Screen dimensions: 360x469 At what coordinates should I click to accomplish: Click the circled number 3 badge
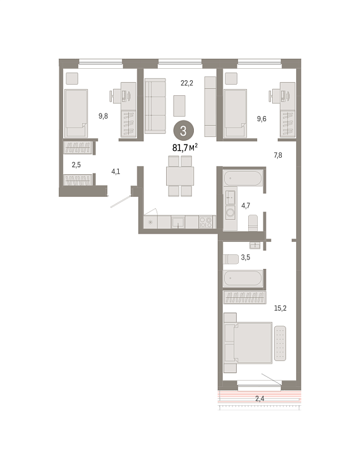click(x=183, y=131)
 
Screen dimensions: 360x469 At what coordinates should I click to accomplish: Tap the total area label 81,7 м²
click(x=185, y=147)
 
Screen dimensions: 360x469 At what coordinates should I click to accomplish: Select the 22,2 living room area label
click(x=187, y=83)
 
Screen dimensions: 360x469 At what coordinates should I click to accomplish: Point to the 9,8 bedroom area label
click(x=103, y=116)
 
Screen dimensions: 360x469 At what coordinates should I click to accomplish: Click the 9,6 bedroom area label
click(x=261, y=119)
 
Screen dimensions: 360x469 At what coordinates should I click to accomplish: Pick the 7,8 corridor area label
click(x=278, y=155)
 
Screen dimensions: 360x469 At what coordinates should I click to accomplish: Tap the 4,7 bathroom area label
click(x=246, y=206)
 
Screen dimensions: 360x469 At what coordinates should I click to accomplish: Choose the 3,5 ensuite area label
click(x=246, y=258)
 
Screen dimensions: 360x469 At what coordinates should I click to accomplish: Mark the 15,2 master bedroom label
click(x=280, y=308)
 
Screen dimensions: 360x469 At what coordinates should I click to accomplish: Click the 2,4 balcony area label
click(x=260, y=398)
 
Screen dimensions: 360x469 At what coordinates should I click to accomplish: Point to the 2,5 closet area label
click(x=76, y=165)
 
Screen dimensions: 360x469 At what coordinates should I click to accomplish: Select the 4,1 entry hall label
click(x=116, y=172)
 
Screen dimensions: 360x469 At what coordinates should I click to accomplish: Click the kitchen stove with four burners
click(x=206, y=222)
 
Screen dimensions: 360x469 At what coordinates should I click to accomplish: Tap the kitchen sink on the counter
click(x=178, y=222)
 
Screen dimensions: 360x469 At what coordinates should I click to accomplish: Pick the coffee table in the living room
click(x=179, y=106)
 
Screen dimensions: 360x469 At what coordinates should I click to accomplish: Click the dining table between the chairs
click(x=180, y=176)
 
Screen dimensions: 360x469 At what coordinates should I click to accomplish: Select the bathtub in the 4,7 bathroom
click(x=243, y=178)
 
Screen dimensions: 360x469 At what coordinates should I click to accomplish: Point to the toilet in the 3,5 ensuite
click(x=231, y=259)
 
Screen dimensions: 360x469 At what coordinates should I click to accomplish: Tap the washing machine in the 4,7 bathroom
click(x=231, y=213)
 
